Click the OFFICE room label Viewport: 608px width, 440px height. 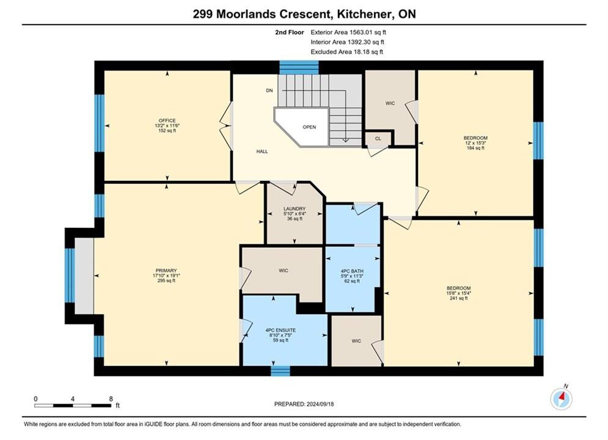click(167, 120)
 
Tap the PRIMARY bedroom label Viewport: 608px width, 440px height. click(166, 271)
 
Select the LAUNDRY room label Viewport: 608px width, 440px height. click(295, 208)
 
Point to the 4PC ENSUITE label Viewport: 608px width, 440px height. click(280, 330)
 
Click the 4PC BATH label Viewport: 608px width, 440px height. click(352, 271)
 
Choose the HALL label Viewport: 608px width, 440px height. click(262, 152)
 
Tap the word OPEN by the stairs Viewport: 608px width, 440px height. click(309, 127)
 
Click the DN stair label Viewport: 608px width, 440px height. click(269, 90)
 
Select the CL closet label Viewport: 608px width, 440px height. click(378, 138)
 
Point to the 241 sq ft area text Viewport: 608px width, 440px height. click(459, 298)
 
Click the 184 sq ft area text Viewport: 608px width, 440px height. click(476, 148)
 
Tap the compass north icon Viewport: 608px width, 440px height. click(562, 398)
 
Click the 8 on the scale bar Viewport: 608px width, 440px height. click(111, 398)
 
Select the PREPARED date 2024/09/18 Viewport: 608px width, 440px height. click(320, 404)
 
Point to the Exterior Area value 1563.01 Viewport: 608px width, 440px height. click(361, 32)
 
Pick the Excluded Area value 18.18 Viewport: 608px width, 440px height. click(361, 51)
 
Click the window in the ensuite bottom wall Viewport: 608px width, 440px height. click(280, 371)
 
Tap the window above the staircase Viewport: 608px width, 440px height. click(299, 67)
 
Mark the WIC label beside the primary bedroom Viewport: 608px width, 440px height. click(284, 271)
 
